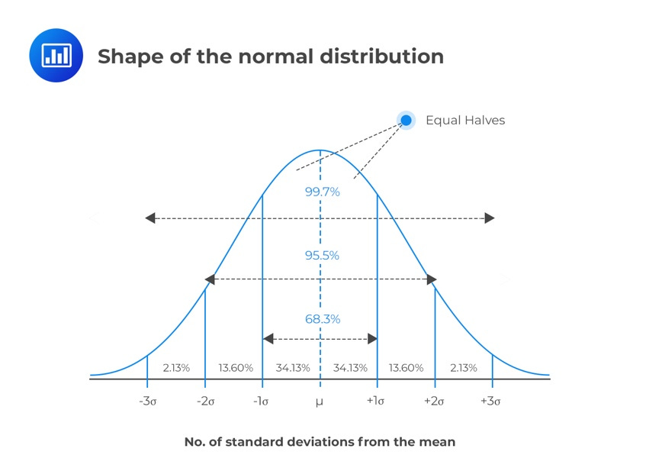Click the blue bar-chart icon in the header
point(56,56)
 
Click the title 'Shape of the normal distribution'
point(270,56)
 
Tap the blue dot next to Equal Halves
point(406,120)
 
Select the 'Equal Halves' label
point(464,120)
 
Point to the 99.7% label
point(322,192)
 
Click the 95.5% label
point(322,256)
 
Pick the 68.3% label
point(322,319)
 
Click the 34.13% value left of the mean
point(292,368)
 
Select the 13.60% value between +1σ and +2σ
point(406,368)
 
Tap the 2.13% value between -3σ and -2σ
point(176,368)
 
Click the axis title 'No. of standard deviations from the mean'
point(320,442)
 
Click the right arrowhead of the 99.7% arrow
point(490,218)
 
